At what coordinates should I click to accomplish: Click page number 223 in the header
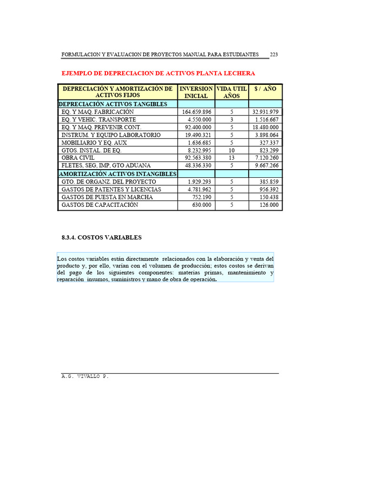point(274,54)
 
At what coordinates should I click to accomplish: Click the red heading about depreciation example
point(159,73)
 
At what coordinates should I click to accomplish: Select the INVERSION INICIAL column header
point(196,92)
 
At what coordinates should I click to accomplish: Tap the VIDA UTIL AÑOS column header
point(232,92)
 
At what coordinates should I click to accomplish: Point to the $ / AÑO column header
point(265,89)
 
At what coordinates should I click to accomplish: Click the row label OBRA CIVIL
point(78,158)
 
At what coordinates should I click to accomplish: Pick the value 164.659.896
point(196,112)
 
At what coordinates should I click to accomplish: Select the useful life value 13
point(232,158)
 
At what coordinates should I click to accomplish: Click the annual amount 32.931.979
point(265,112)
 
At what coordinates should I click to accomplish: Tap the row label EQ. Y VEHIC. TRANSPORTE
point(99,120)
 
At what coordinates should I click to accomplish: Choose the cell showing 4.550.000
point(200,120)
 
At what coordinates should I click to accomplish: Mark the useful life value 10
point(232,150)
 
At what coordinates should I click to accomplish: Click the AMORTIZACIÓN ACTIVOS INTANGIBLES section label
point(117,174)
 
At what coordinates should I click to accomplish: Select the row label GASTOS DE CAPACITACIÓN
point(100,205)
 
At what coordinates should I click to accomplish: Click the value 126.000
point(269,205)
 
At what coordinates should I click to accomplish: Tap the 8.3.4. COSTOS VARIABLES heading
point(102,237)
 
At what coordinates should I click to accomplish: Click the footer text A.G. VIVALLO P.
point(85,376)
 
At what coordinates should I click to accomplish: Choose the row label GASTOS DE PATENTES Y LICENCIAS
point(112,190)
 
